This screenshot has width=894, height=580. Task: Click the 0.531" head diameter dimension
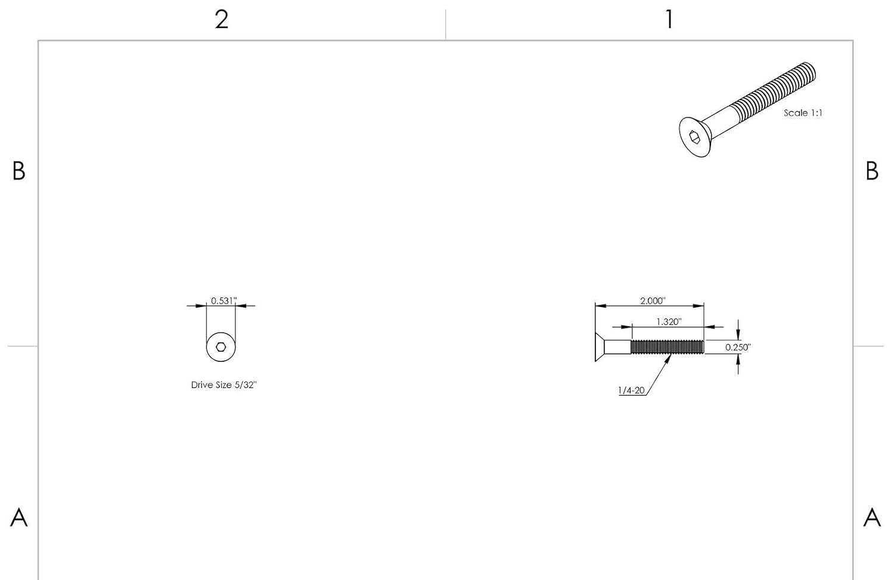click(223, 300)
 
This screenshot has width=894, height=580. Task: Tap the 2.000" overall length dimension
click(653, 300)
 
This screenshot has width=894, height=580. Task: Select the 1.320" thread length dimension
click(669, 322)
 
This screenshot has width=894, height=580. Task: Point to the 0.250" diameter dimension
click(738, 348)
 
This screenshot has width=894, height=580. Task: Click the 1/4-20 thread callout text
click(631, 390)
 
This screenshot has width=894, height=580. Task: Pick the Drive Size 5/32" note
click(223, 385)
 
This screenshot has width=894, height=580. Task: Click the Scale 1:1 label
click(803, 113)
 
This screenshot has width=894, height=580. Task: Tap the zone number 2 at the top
click(222, 20)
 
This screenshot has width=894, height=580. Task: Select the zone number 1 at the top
click(669, 20)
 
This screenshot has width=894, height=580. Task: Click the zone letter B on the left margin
click(18, 171)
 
